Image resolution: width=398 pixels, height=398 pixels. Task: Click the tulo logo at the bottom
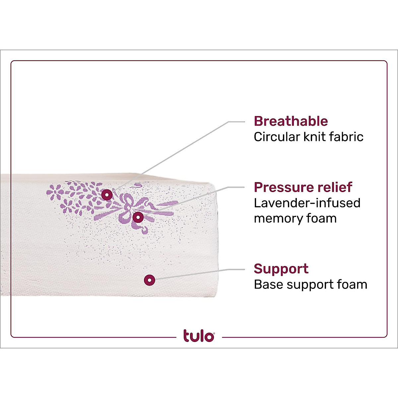pyautogui.click(x=199, y=336)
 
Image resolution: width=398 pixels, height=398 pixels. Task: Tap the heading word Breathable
pyautogui.click(x=291, y=121)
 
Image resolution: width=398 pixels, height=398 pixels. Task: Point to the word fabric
pyautogui.click(x=346, y=137)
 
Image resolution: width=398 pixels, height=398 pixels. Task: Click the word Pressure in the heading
pyautogui.click(x=281, y=187)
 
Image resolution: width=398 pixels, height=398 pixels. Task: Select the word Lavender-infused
pyautogui.click(x=307, y=203)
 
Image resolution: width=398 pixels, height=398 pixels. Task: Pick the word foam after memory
pyautogui.click(x=323, y=218)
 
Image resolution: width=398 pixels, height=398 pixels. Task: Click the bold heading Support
pyautogui.click(x=281, y=269)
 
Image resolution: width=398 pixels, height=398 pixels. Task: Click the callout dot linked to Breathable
pyautogui.click(x=107, y=195)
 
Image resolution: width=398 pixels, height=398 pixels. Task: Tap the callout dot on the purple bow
pyautogui.click(x=138, y=218)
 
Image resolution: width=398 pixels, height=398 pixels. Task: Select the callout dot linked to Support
pyautogui.click(x=150, y=280)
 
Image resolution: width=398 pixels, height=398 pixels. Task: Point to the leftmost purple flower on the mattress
pyautogui.click(x=53, y=192)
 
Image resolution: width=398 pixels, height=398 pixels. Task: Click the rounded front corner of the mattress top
pyautogui.click(x=212, y=186)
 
